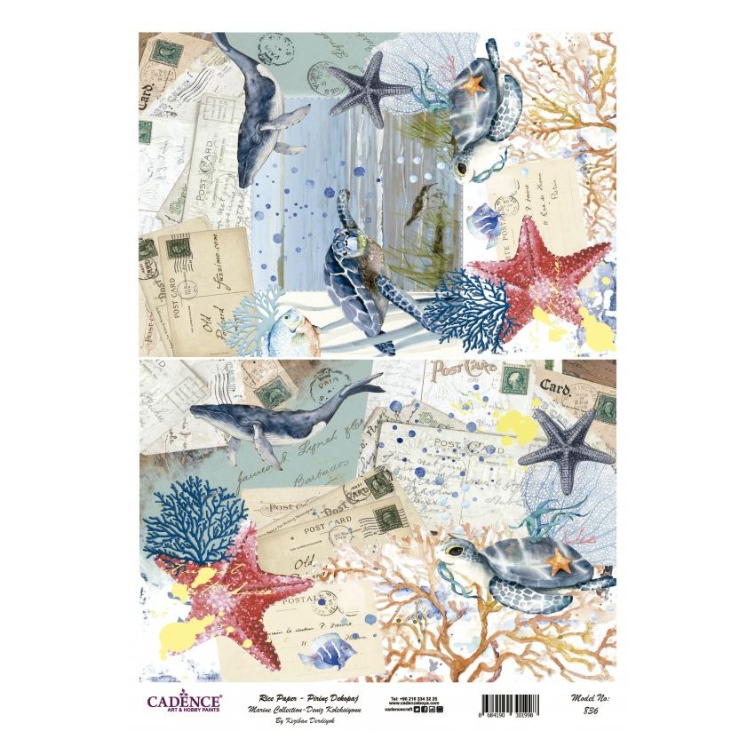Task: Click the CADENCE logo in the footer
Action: [184, 702]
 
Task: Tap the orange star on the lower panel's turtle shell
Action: [560, 562]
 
